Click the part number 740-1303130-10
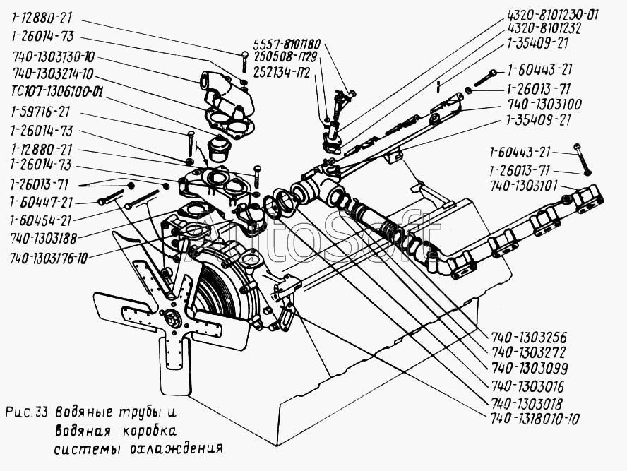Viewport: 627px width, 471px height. coord(54,57)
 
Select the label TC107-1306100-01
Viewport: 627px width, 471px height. coord(56,93)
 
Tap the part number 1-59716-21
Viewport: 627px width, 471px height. coord(41,112)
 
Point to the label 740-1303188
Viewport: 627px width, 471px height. coord(43,239)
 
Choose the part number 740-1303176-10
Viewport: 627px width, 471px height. coord(49,258)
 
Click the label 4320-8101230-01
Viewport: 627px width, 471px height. coord(553,16)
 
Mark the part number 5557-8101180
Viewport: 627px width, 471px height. coord(287,44)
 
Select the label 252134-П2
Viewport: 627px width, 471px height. coord(282,73)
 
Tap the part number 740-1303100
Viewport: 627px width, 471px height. coord(544,105)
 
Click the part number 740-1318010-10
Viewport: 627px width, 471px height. coord(535,419)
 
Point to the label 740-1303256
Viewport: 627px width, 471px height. coord(529,338)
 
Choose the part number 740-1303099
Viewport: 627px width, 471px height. coord(530,368)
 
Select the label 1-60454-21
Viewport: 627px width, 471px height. coord(41,221)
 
